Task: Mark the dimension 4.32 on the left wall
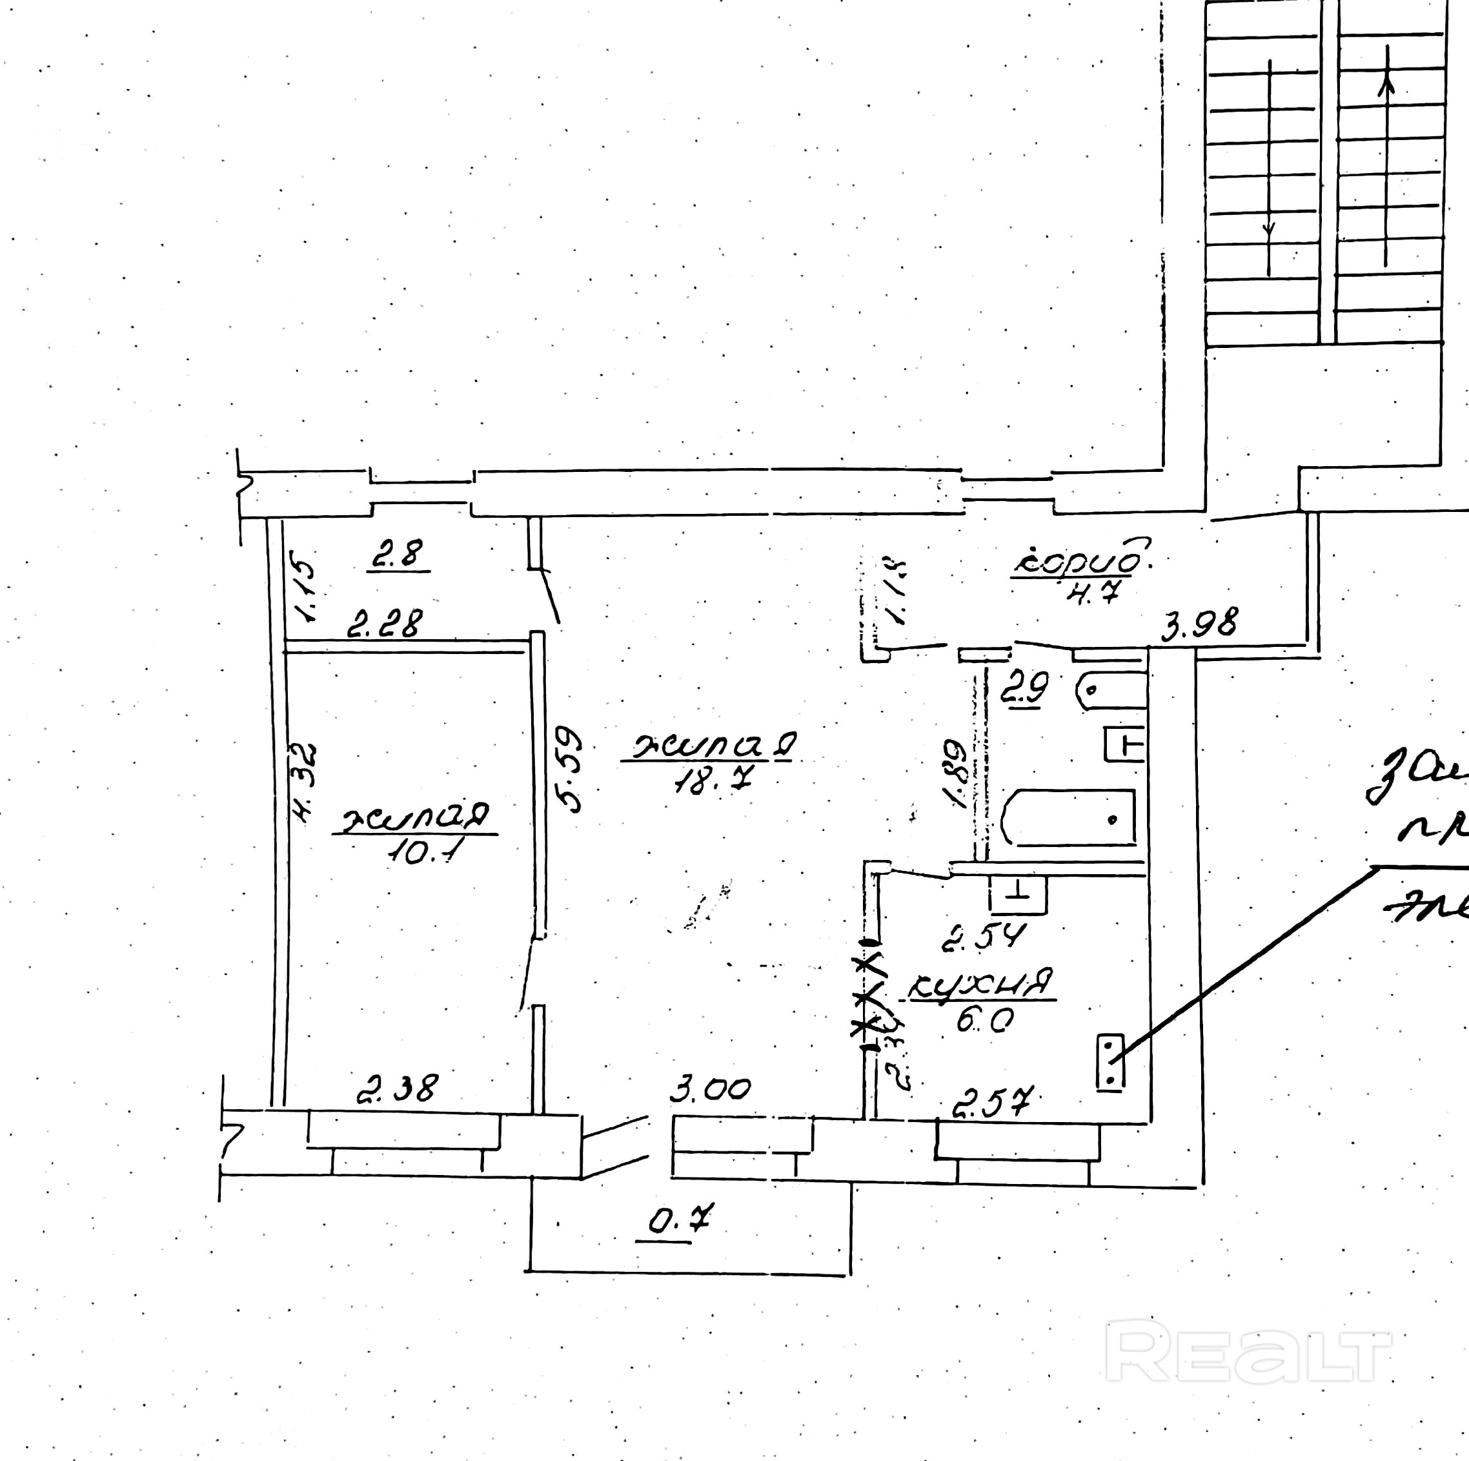point(304,783)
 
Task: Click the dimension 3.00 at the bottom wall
point(709,1090)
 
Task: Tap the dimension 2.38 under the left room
point(397,1088)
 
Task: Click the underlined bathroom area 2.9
point(1024,688)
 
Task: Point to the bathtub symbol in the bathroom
point(1069,817)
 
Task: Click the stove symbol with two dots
point(1110,1062)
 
